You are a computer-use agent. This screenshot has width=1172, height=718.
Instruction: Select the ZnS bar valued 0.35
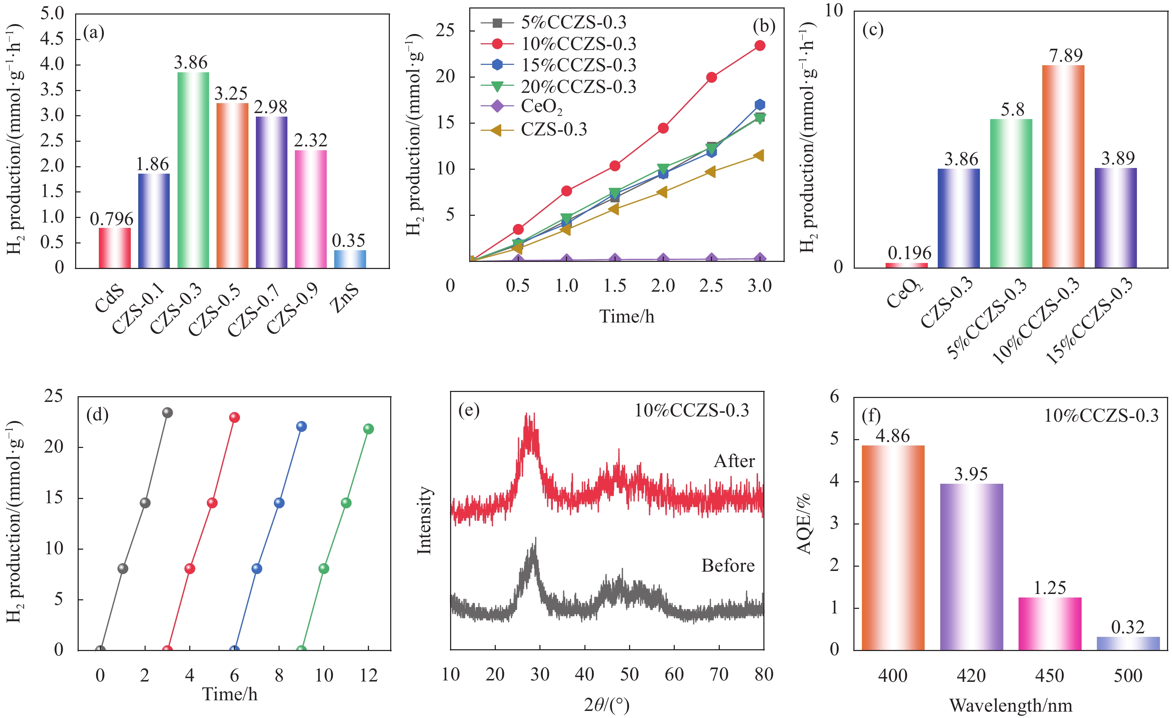coord(350,259)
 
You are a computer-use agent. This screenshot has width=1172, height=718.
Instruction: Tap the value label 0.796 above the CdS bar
coord(112,219)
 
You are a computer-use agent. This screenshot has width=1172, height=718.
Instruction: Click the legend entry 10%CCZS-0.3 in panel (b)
coord(578,44)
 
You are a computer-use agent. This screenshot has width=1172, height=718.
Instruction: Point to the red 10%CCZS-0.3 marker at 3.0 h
coord(759,46)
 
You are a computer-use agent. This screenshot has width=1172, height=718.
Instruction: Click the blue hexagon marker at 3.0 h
coord(759,105)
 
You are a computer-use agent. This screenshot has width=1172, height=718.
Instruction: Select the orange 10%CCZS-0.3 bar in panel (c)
coord(1063,167)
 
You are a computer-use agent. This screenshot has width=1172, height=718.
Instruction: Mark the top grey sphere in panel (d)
coord(167,413)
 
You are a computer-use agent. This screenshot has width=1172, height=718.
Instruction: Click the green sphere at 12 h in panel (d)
coord(369,429)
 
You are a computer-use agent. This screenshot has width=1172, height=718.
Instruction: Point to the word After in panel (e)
coord(734,461)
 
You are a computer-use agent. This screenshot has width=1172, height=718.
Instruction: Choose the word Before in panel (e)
coord(728,565)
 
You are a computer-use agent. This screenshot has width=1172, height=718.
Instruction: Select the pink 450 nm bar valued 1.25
coord(1050,623)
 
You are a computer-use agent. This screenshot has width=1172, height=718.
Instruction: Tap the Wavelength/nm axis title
coord(1011,705)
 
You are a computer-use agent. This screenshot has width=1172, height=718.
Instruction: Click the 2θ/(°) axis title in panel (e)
coord(606,705)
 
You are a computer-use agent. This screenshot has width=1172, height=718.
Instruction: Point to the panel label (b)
coord(764,26)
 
